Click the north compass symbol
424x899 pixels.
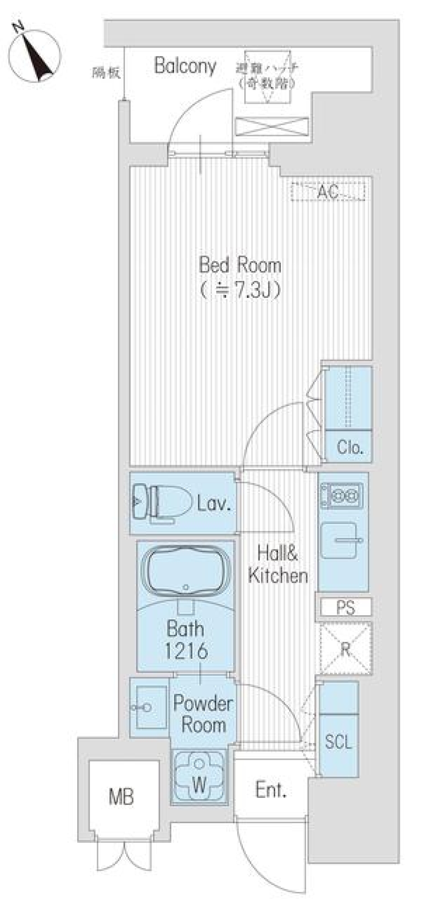[34, 55]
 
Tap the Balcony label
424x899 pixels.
[185, 66]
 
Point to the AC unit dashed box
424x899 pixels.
[328, 191]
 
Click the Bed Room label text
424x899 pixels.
[240, 265]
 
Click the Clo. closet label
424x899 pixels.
[349, 448]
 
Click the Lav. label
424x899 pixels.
[214, 503]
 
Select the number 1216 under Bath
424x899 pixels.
[186, 650]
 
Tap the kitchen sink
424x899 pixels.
[339, 540]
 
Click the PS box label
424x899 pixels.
[345, 608]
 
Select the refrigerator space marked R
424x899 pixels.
[345, 649]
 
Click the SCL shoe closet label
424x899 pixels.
[338, 742]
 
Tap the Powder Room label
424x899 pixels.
[203, 714]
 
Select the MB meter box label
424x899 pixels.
[121, 797]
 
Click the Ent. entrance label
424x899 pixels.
[271, 790]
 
